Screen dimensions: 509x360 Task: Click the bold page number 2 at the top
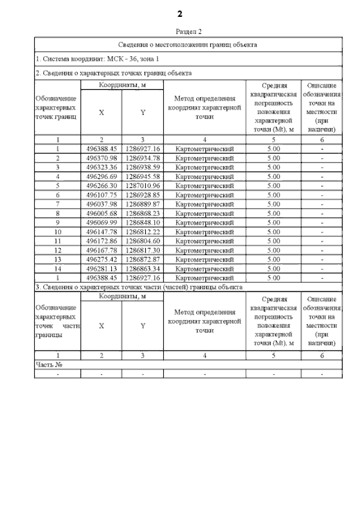click(x=180, y=13)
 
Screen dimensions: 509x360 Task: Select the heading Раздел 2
click(x=188, y=32)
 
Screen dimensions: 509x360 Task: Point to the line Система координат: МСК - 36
click(x=98, y=58)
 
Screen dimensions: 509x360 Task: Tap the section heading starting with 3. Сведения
click(x=139, y=287)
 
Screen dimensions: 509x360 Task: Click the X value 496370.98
click(x=101, y=158)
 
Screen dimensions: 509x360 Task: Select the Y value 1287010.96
click(x=143, y=185)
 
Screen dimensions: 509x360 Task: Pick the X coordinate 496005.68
click(x=101, y=213)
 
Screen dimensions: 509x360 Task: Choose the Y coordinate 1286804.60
click(x=143, y=241)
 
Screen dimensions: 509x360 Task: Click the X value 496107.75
click(x=101, y=195)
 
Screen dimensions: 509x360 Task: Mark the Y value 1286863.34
click(x=143, y=268)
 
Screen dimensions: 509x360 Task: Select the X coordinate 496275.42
click(x=101, y=259)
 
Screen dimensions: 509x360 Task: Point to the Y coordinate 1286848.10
click(x=143, y=222)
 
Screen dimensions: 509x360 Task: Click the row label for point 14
click(x=58, y=268)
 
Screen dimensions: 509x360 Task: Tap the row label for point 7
click(x=58, y=204)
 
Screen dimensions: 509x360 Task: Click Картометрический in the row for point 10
click(x=204, y=232)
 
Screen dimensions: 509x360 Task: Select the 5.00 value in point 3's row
click(x=273, y=167)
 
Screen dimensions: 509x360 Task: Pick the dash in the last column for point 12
click(x=322, y=250)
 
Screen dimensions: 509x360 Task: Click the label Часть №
click(x=48, y=364)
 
